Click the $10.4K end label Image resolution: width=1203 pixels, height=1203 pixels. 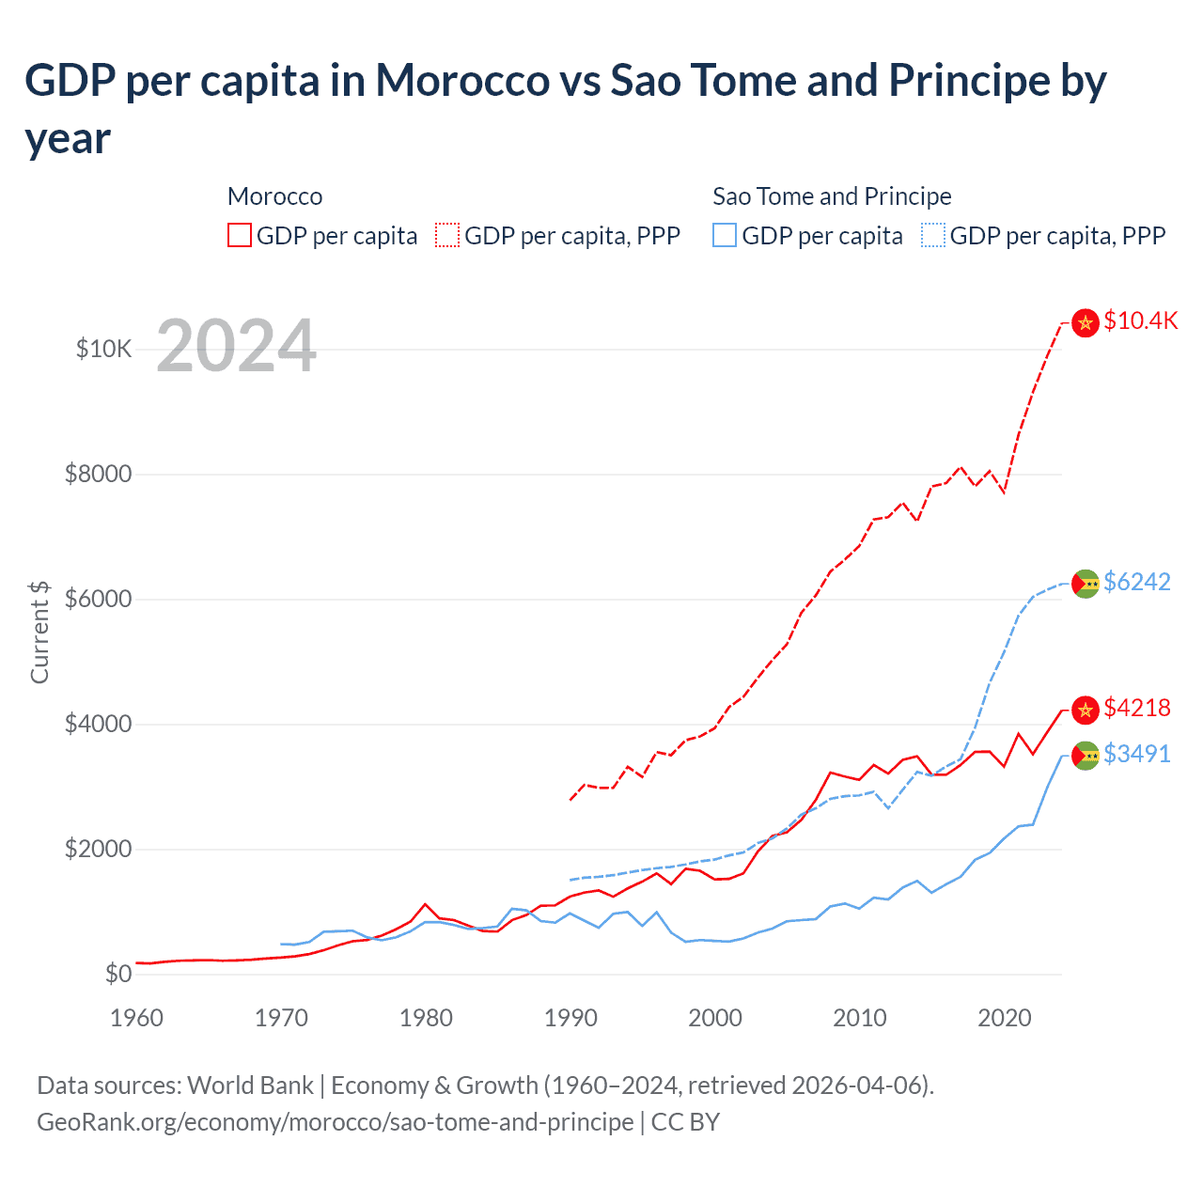pyautogui.click(x=1140, y=320)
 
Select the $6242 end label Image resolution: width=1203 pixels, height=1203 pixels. pyautogui.click(x=1136, y=582)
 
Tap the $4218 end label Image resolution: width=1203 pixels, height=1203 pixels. pyautogui.click(x=1136, y=708)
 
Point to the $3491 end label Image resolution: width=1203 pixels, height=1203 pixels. pyautogui.click(x=1136, y=754)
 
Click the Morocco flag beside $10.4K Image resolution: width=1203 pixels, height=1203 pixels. pyautogui.click(x=1086, y=323)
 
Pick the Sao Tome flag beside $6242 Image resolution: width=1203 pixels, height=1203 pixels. pyautogui.click(x=1086, y=584)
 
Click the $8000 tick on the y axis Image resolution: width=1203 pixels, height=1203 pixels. pyautogui.click(x=98, y=474)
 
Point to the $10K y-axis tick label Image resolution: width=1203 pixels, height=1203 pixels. pyautogui.click(x=103, y=350)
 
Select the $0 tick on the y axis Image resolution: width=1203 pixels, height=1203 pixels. pyautogui.click(x=117, y=974)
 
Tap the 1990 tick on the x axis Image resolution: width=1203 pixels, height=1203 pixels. pyautogui.click(x=570, y=1018)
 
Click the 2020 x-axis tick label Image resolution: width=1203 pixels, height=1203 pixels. pyautogui.click(x=1005, y=1018)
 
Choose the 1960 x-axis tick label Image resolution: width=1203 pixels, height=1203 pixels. pyautogui.click(x=136, y=1018)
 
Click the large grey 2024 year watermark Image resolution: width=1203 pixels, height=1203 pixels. pyautogui.click(x=236, y=346)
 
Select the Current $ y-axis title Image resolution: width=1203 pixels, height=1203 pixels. pyautogui.click(x=39, y=632)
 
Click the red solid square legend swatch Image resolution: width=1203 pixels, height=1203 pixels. pyautogui.click(x=240, y=235)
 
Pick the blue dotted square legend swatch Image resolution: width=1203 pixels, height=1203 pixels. pyautogui.click(x=933, y=235)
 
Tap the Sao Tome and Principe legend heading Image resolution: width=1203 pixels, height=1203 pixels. pyautogui.click(x=832, y=196)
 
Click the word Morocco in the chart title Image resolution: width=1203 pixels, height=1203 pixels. pyautogui.click(x=462, y=81)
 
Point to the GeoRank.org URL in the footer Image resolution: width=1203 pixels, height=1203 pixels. pyautogui.click(x=335, y=1122)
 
